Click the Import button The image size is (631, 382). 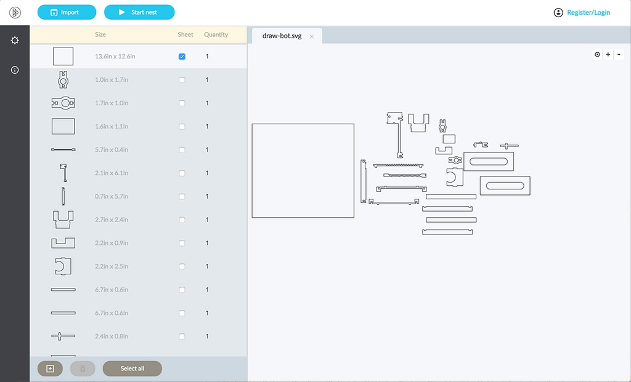click(x=67, y=12)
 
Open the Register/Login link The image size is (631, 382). click(x=588, y=12)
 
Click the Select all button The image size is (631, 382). click(x=132, y=368)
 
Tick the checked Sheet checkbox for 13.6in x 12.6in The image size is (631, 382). click(x=182, y=57)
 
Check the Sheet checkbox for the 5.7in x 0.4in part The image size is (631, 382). click(x=182, y=150)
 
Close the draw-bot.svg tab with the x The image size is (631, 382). click(x=311, y=36)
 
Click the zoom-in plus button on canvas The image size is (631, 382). click(x=608, y=54)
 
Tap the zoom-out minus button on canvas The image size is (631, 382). click(x=619, y=54)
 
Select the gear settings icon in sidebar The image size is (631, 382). click(x=15, y=40)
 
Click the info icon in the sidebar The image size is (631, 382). click(x=15, y=70)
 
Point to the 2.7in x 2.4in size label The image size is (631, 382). click(x=112, y=220)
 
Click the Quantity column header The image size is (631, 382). click(x=216, y=34)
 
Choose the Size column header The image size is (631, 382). click(x=100, y=34)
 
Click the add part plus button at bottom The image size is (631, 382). click(x=50, y=368)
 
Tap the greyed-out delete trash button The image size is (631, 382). click(x=83, y=368)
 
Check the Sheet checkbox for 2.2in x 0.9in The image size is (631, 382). click(x=182, y=243)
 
